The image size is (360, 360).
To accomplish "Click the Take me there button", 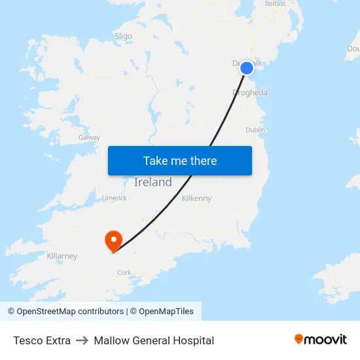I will (180, 161).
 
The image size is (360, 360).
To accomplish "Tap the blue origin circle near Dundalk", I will (247, 67).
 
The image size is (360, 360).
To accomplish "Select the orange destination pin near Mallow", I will (113, 240).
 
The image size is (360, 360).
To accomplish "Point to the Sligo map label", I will (123, 37).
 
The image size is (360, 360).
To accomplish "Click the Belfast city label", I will (275, 4).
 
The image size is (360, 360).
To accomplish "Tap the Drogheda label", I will (250, 93).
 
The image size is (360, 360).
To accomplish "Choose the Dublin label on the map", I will (255, 130).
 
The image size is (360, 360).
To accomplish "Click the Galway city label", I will (89, 137).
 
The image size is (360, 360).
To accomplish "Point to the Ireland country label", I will (153, 183).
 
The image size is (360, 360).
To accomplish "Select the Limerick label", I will (114, 198).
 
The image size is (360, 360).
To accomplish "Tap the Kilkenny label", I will (196, 198).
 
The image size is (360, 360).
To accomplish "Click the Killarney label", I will (62, 256).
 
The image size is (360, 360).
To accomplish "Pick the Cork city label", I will (124, 272).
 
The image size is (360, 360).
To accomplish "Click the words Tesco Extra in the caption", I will (42, 340).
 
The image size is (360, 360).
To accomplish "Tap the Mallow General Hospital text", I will (154, 340).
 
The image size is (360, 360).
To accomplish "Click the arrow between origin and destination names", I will (82, 340).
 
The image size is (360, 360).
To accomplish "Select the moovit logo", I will (321, 339).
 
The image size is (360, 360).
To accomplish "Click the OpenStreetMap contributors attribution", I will (65, 312).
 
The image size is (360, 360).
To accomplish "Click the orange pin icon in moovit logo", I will (299, 339).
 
